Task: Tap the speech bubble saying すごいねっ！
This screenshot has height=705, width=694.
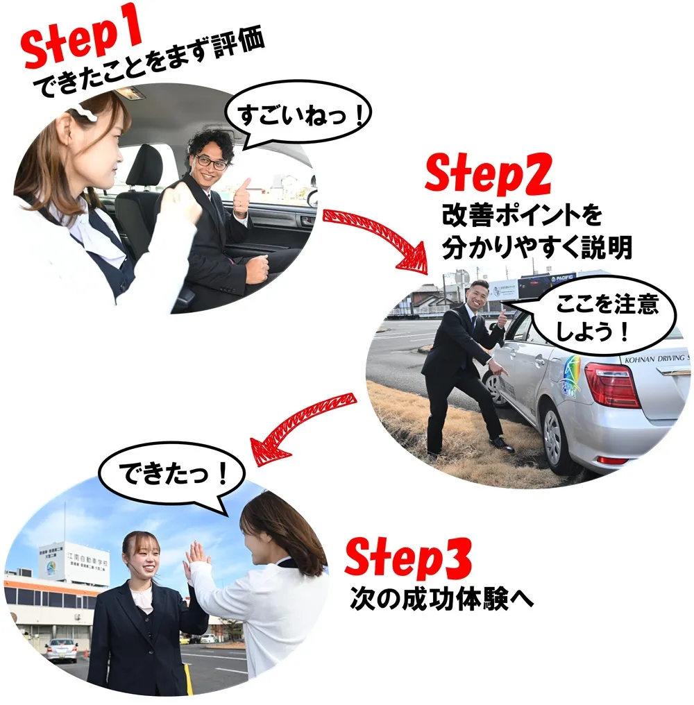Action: click(300, 115)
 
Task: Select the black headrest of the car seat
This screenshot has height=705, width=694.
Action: click(144, 168)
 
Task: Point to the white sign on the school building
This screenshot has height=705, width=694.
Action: click(74, 561)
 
